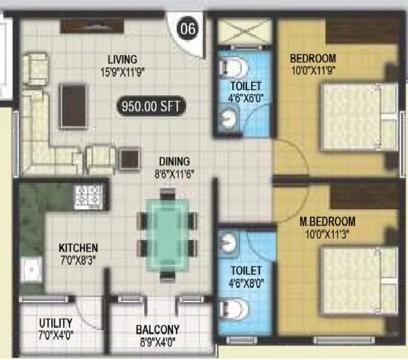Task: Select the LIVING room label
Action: [x=121, y=59]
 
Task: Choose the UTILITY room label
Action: [x=55, y=323]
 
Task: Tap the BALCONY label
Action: [x=158, y=329]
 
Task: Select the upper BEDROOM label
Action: [x=313, y=59]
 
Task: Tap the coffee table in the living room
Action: [x=72, y=102]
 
